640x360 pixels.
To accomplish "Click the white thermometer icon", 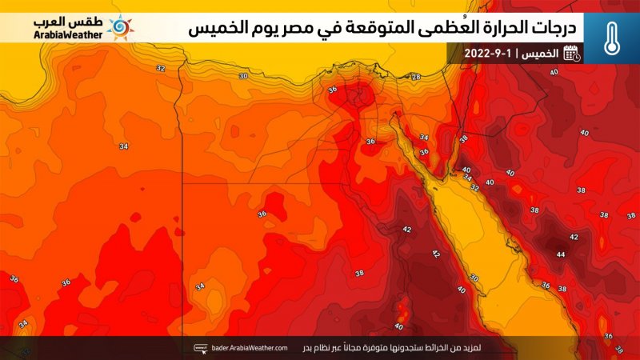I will [x=611, y=34].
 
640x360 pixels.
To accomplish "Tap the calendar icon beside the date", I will [x=571, y=54].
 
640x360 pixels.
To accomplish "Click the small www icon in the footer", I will [x=201, y=348].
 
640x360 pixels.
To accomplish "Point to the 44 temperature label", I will [x=560, y=254].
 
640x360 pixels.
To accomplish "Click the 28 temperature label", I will [x=415, y=77].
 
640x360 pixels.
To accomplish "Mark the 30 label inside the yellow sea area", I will [x=474, y=278].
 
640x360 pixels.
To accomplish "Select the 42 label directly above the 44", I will [x=573, y=238].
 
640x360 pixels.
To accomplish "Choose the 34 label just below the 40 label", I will [x=468, y=178].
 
